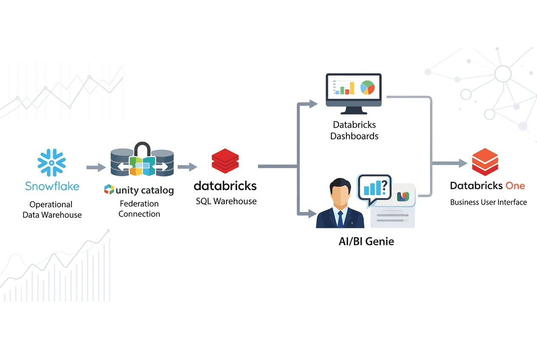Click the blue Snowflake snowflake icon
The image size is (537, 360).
pos(52,162)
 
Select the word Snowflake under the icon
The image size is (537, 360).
pos(52,186)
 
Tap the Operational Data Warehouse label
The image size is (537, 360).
pos(52,210)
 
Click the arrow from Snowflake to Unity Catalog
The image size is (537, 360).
pos(96,168)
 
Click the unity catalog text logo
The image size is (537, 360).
pos(139,190)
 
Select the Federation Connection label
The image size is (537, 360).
pos(139,209)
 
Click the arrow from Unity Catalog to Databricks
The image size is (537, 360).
pos(187,167)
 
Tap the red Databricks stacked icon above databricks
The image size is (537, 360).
pos(225,160)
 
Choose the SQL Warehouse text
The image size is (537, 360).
pos(226,201)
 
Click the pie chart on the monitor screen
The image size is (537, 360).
pos(367,87)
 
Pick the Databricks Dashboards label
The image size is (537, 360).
pos(354,131)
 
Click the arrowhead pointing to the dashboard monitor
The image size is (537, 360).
pos(314,104)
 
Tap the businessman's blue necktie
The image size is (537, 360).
pos(340,219)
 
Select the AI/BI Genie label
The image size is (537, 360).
pos(363,242)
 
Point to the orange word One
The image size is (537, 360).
pos(515,186)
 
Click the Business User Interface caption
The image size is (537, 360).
pos(489,202)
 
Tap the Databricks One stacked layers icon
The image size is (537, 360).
pos(485,162)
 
